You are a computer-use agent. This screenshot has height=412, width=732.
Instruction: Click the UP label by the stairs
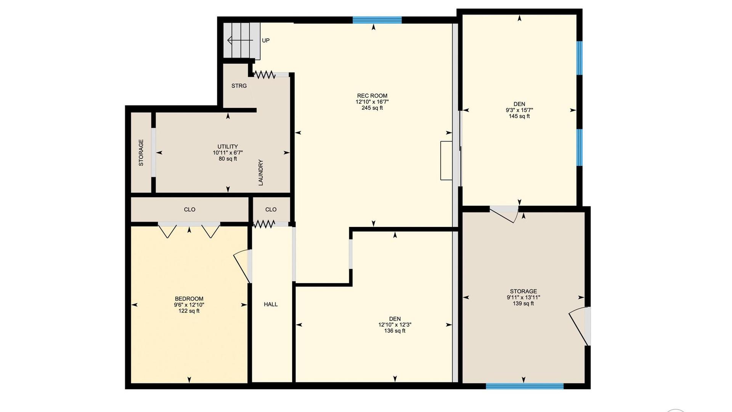pyautogui.click(x=266, y=40)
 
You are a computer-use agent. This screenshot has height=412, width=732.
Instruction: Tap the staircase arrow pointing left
pyautogui.click(x=240, y=40)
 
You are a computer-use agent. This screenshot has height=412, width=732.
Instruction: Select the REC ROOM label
pyautogui.click(x=372, y=96)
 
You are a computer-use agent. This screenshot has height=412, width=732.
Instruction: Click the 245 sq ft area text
pyautogui.click(x=372, y=108)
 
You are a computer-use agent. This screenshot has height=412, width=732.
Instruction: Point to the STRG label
pyautogui.click(x=239, y=86)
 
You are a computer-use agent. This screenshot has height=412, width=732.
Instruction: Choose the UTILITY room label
pyautogui.click(x=228, y=146)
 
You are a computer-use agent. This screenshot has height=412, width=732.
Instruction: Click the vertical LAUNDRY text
pyautogui.click(x=261, y=172)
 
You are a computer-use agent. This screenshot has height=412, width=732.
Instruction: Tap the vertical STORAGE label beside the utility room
pyautogui.click(x=141, y=153)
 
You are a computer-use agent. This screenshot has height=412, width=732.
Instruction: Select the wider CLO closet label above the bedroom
pyautogui.click(x=189, y=209)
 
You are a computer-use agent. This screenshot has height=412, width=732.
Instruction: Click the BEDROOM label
pyautogui.click(x=189, y=299)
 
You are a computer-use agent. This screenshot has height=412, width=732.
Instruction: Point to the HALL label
pyautogui.click(x=271, y=304)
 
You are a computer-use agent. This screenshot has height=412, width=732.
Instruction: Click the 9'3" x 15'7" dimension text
pyautogui.click(x=519, y=110)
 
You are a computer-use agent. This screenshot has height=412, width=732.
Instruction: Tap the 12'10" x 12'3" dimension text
pyautogui.click(x=395, y=325)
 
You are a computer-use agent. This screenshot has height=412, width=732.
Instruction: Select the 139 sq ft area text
pyautogui.click(x=523, y=304)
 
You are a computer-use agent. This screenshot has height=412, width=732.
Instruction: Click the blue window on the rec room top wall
pyautogui.click(x=377, y=20)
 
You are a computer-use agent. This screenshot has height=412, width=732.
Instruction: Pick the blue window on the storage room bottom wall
pyautogui.click(x=525, y=386)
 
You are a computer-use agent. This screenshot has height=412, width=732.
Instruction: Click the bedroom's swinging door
pyautogui.click(x=242, y=266)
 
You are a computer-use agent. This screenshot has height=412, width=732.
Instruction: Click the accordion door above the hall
pyautogui.click(x=264, y=224)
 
